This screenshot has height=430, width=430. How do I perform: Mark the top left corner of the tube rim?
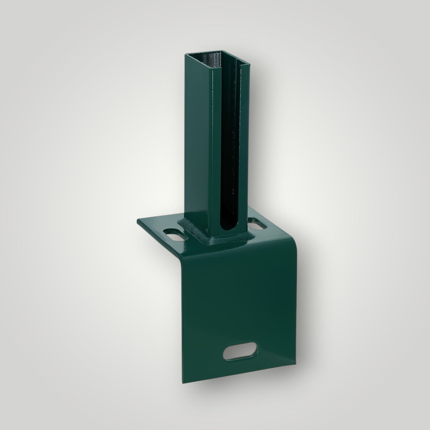coord(185,54)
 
